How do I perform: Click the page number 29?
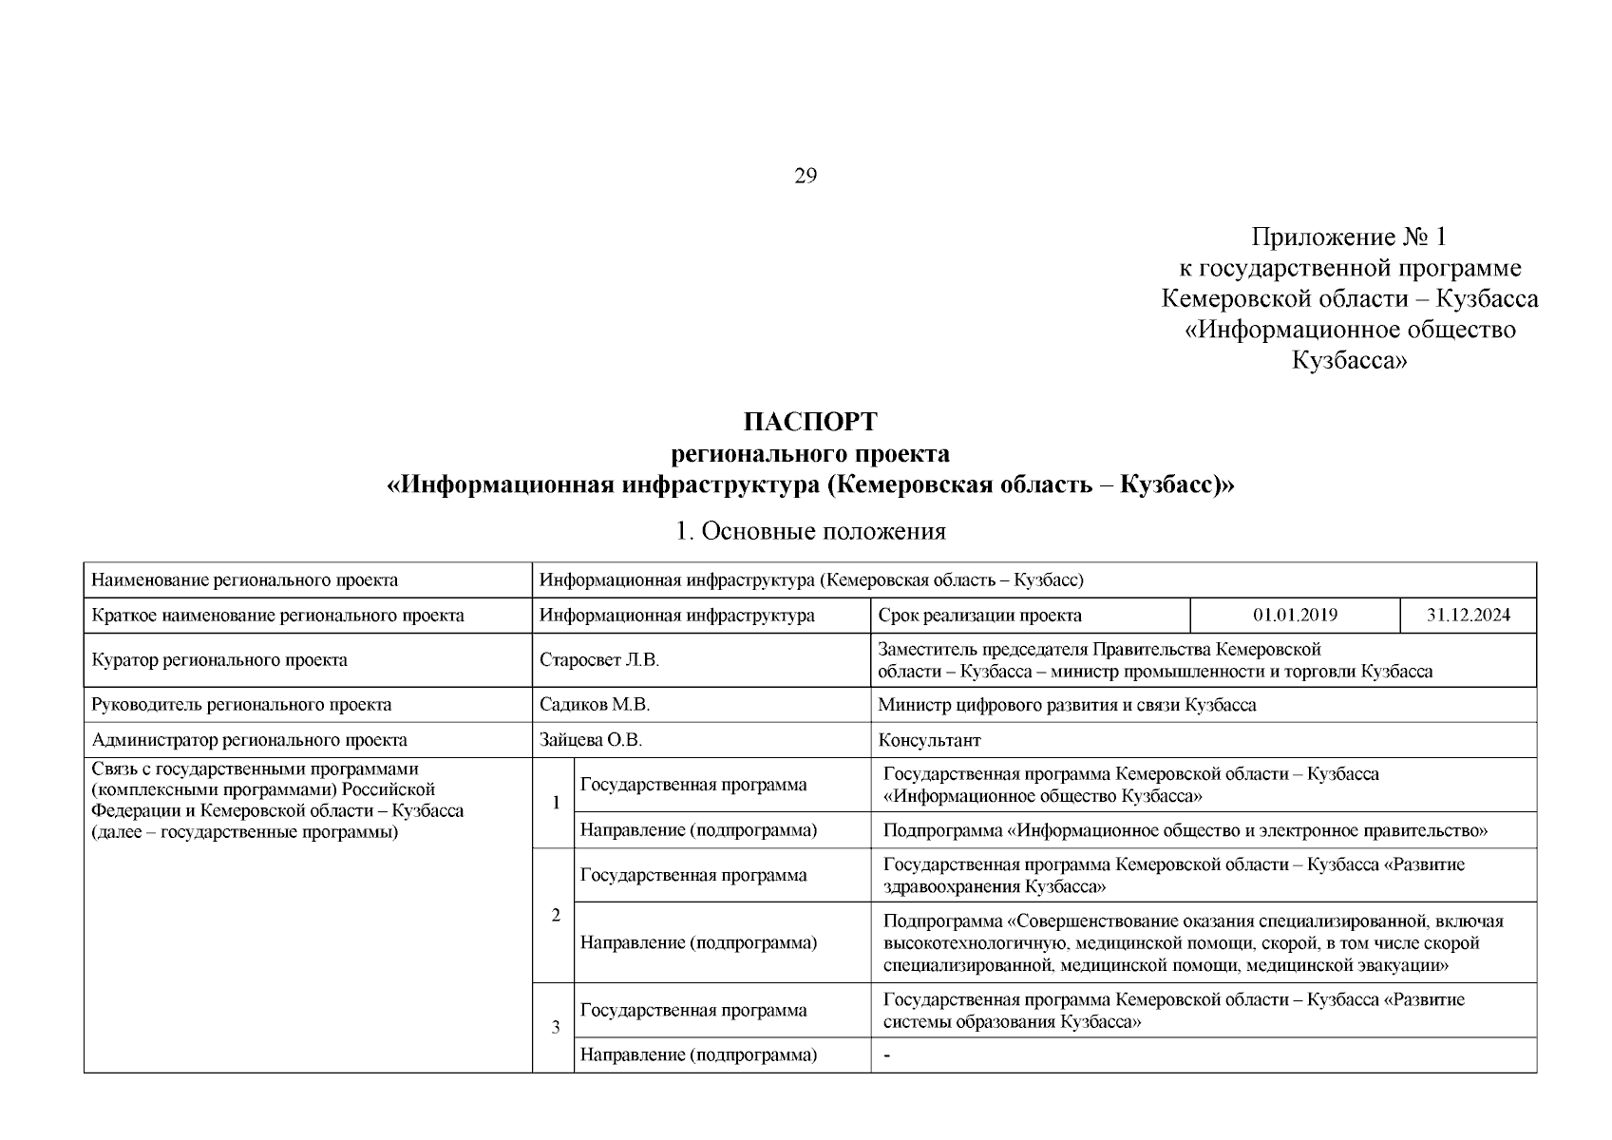805,176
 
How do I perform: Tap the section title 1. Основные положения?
810,531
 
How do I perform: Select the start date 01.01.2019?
1295,615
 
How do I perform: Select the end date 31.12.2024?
1468,615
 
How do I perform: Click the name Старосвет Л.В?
598,660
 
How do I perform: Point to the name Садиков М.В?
594,705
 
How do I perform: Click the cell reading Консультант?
929,740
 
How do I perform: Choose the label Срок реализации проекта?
979,615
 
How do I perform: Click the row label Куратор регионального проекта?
219,660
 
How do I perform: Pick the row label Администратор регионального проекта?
249,740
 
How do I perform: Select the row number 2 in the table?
556,915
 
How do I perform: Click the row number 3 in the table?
556,1027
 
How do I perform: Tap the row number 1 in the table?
556,803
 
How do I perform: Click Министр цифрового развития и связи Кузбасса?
1067,705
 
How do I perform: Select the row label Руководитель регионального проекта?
241,705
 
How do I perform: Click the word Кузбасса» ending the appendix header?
1349,361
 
